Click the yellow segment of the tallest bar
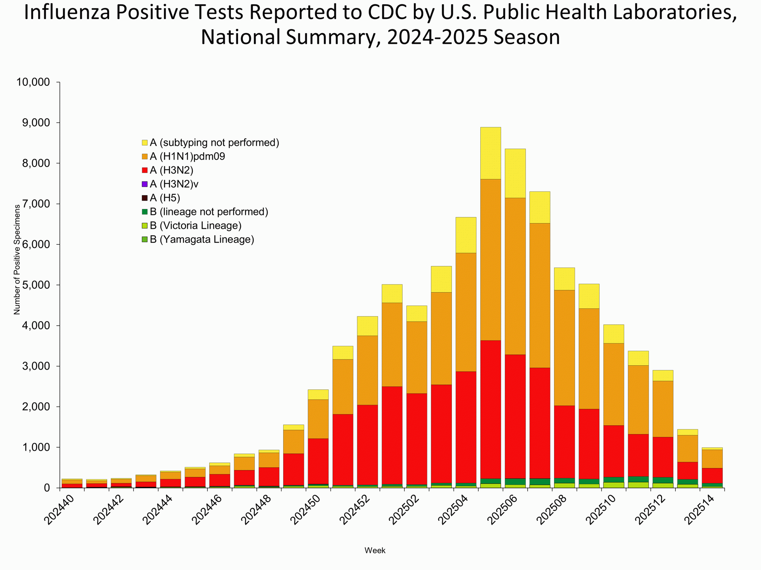tap(490, 153)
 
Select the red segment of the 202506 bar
tap(515, 416)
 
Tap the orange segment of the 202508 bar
tap(564, 348)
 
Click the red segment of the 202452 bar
tap(367, 445)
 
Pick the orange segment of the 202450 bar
tap(318, 419)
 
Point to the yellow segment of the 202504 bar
tap(466, 235)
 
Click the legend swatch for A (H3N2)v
tap(144, 184)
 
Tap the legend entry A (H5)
tap(165, 198)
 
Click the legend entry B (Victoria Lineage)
tap(195, 226)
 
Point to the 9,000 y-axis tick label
tap(36, 123)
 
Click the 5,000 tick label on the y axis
tap(36, 285)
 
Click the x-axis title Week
tap(375, 550)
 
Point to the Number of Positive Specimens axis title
tap(17, 260)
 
